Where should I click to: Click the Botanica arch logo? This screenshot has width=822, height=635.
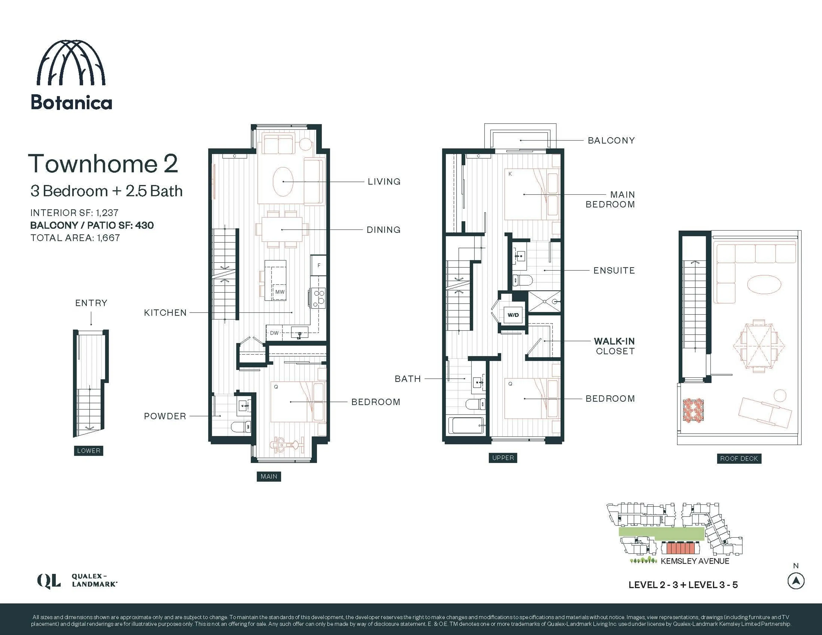(x=71, y=63)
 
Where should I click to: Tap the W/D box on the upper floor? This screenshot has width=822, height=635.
(x=513, y=315)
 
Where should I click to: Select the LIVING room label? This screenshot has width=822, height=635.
(x=384, y=181)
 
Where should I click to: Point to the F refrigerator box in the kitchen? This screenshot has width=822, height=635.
(x=318, y=265)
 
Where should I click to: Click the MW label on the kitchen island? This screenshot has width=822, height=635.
(x=280, y=292)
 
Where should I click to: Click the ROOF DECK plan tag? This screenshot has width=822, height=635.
(x=739, y=458)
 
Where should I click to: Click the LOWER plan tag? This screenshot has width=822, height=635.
(x=88, y=451)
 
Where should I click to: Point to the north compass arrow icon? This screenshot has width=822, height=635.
(x=796, y=581)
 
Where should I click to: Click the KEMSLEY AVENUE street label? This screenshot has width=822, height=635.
(x=695, y=561)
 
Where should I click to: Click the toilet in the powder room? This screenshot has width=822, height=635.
(x=240, y=427)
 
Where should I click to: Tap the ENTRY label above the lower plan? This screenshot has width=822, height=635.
(x=91, y=303)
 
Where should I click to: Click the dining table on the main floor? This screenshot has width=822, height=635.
(x=282, y=230)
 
